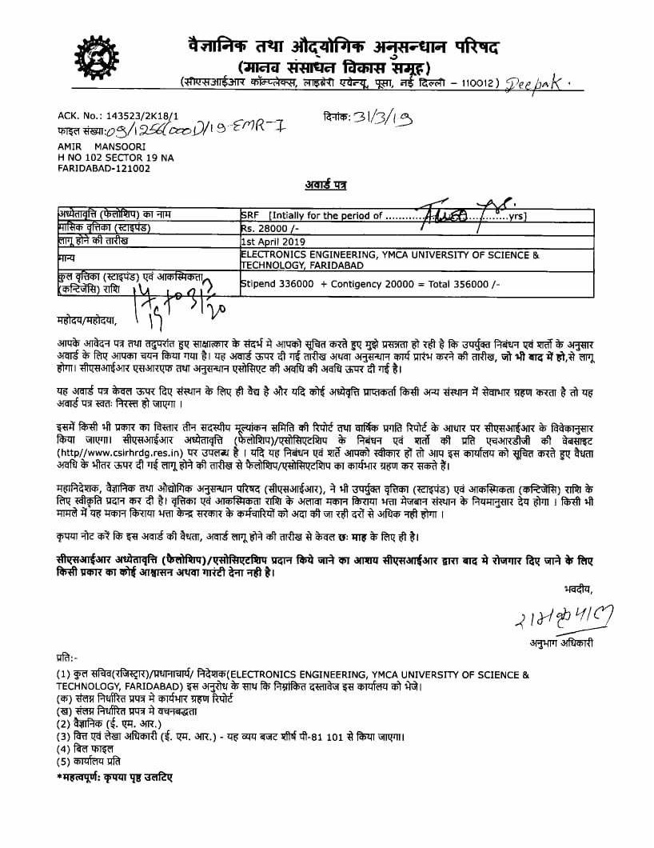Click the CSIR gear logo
[97, 57]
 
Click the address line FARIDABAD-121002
[104, 169]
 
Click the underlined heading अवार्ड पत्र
[327, 185]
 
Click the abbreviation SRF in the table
[251, 215]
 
